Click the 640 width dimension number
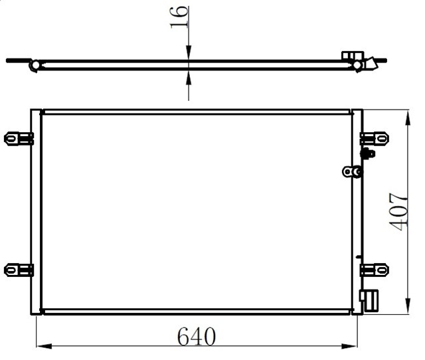tap(197, 336)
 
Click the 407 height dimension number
tap(398, 212)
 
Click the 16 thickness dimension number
tap(179, 17)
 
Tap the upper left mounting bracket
tap(19, 139)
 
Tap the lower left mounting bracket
tap(19, 270)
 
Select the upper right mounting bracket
tap(375, 139)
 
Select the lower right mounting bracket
tap(375, 270)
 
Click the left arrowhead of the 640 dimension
tap(44, 346)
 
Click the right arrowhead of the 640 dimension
tap(350, 346)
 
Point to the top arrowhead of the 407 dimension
tap(408, 118)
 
